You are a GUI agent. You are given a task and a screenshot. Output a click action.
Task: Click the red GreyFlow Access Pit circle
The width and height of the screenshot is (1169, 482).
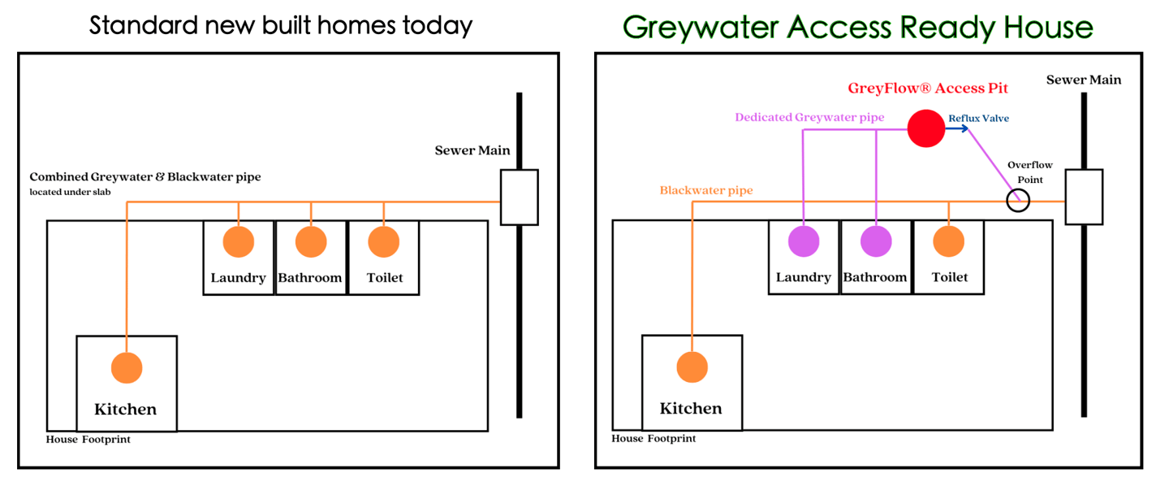click(926, 128)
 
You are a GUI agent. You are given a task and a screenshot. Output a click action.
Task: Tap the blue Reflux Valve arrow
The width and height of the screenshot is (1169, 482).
click(957, 128)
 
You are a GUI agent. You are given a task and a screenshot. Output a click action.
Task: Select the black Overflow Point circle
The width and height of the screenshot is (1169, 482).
click(1017, 200)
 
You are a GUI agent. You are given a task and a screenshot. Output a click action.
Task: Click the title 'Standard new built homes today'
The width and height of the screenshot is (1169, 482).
click(281, 25)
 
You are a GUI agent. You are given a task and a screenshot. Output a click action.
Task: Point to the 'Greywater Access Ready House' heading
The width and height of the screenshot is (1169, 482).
click(857, 28)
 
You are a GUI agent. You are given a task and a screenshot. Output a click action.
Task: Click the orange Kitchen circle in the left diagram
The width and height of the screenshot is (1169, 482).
click(126, 367)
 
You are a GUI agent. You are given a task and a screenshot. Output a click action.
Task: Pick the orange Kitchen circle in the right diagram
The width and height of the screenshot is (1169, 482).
click(692, 367)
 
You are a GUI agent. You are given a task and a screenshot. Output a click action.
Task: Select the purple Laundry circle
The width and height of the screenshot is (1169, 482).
click(804, 241)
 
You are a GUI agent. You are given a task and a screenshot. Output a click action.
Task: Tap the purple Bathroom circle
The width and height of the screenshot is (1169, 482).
click(876, 241)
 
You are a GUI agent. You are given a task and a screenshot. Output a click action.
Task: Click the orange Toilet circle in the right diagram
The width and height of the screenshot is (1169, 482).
click(948, 241)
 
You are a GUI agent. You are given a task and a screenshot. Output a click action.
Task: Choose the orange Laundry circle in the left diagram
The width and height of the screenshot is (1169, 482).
click(239, 241)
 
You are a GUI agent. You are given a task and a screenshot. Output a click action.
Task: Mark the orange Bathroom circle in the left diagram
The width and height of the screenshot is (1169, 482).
click(311, 241)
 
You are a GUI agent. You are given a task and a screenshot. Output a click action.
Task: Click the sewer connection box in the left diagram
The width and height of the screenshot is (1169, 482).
click(519, 197)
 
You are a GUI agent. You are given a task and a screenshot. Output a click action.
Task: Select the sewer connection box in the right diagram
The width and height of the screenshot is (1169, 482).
click(1084, 197)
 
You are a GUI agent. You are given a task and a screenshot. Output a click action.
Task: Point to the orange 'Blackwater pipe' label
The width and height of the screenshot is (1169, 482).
click(705, 191)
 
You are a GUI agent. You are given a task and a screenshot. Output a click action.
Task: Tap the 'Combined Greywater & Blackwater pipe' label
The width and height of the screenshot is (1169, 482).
click(145, 177)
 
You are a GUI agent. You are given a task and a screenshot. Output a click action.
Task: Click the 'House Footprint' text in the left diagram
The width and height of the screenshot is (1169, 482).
click(88, 440)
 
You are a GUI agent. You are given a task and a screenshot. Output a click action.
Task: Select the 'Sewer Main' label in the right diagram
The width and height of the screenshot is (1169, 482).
click(1083, 80)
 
